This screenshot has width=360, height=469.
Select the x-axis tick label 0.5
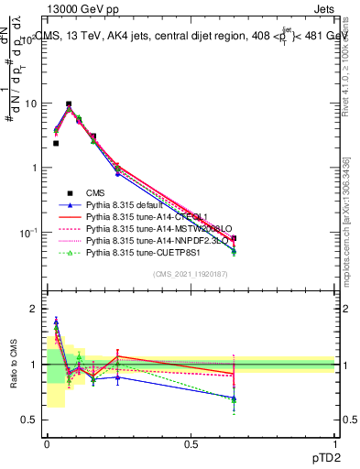pos(191,443)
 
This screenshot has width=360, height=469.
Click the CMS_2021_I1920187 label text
pos(190,273)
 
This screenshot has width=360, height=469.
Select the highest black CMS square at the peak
pos(69,104)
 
